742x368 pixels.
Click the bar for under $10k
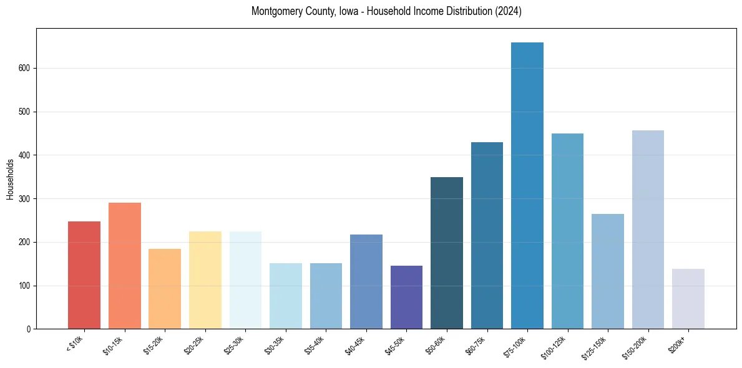[x=84, y=275]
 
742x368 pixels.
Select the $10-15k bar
[x=125, y=266]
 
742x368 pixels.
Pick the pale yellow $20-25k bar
[x=205, y=280]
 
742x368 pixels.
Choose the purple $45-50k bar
[x=406, y=298]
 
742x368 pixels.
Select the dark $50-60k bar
[x=447, y=253]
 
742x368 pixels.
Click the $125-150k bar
[x=608, y=271]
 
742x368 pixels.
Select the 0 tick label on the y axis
[x=29, y=329]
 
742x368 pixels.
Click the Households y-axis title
[x=10, y=179]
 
